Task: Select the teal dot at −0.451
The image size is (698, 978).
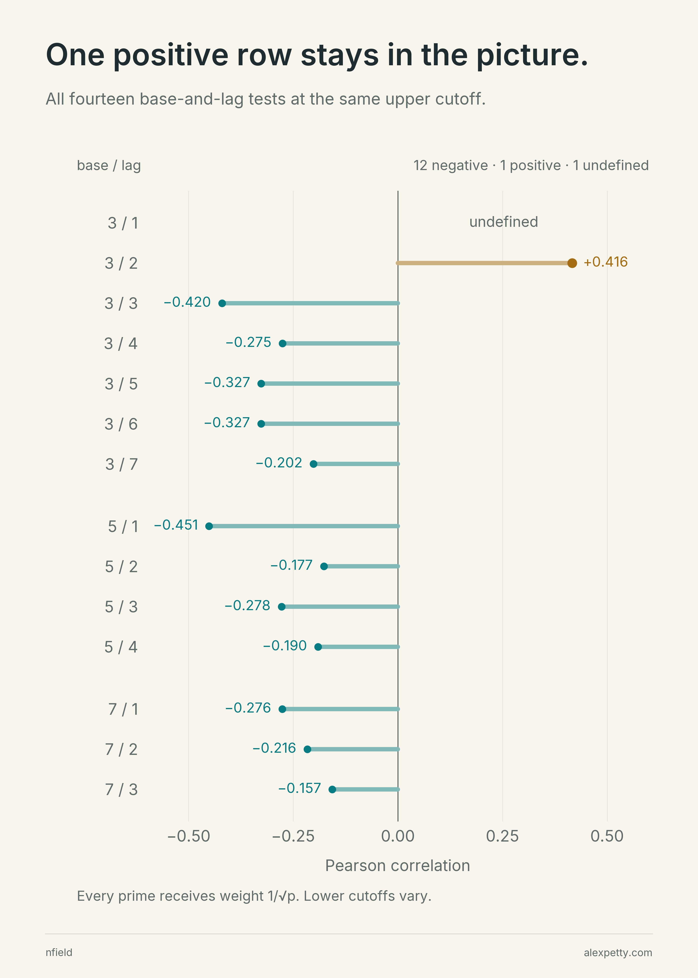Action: (209, 526)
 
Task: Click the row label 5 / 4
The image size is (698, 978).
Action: (121, 647)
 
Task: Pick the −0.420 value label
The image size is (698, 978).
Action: (187, 302)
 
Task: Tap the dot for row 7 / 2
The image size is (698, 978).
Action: (307, 749)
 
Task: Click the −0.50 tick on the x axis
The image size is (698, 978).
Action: (189, 836)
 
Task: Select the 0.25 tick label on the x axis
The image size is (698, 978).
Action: (502, 836)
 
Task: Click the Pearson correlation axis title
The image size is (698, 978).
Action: (398, 865)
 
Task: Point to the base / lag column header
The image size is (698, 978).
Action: (109, 165)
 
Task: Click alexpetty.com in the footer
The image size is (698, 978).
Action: (618, 953)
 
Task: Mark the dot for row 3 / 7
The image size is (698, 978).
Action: (313, 464)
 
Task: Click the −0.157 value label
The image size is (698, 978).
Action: (299, 788)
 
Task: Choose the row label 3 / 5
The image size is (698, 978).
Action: (121, 384)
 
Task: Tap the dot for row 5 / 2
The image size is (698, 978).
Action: (324, 566)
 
